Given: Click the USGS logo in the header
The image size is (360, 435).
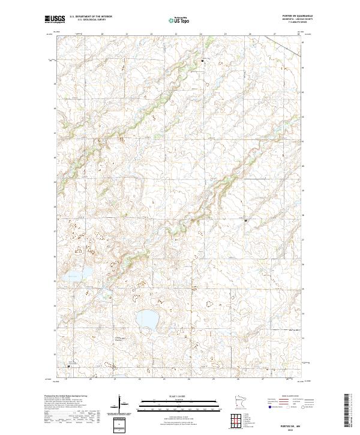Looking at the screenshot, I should pos(55,19).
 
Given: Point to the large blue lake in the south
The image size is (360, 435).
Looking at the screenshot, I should pos(146,318).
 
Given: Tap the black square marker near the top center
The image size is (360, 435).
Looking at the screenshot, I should pos(202,61).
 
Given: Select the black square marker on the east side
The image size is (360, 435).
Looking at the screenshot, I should pos(245,220).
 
